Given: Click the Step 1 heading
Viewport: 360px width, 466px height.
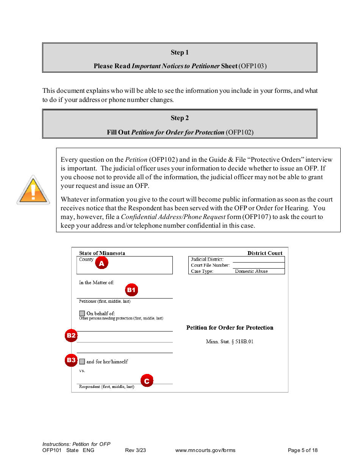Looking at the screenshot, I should [179, 53].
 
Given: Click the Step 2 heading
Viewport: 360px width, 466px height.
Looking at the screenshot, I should [179, 118].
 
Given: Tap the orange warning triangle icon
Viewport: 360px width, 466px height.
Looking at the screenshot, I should [33, 191].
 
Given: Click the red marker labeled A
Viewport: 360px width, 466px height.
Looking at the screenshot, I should [101, 263].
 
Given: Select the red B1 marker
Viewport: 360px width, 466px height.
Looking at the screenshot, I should [131, 290].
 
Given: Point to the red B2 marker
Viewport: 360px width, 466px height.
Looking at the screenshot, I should [71, 335].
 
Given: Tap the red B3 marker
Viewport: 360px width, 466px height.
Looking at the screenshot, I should [71, 360].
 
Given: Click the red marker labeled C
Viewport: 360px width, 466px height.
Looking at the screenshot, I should [147, 381].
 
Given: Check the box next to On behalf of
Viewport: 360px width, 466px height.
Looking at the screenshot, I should [82, 313].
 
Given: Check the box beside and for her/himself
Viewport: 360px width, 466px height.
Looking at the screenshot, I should [82, 361].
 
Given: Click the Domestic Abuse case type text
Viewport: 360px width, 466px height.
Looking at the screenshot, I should [251, 271].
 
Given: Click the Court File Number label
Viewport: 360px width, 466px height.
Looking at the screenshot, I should [210, 265].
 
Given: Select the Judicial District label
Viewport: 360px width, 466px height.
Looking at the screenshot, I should [207, 260].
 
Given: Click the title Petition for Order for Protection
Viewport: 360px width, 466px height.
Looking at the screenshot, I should [230, 328].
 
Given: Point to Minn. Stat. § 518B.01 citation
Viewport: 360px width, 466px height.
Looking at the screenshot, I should [230, 342].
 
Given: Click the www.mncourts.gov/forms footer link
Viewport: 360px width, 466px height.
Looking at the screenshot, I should [205, 450].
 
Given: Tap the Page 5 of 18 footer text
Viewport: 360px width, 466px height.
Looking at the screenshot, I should [302, 450].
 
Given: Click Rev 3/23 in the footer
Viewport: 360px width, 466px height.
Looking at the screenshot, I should [135, 450].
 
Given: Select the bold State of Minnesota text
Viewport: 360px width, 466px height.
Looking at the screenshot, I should [102, 253].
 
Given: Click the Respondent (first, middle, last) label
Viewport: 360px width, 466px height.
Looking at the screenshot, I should [106, 387].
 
